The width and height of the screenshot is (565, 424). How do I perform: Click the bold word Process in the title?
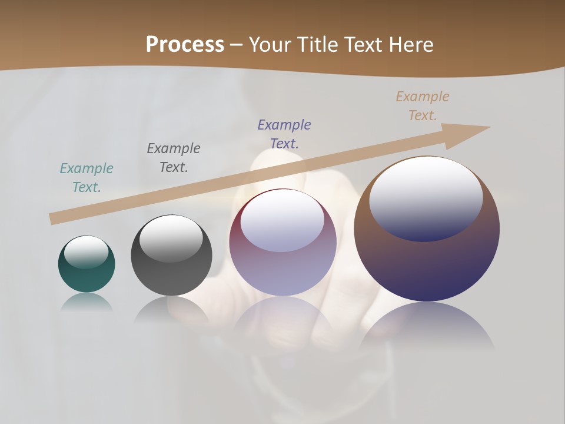pos(185,45)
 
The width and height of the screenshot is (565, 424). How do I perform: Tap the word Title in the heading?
pos(317,45)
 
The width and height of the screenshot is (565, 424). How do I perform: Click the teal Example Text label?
pos(87,178)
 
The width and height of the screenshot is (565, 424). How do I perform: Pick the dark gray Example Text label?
pos(174,158)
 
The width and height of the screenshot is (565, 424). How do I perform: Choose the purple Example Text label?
pos(284,134)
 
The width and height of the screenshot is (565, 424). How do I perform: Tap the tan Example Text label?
pos(423,106)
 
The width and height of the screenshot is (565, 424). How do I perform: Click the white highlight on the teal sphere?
pos(87,252)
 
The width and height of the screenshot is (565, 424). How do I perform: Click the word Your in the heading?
pos(270,45)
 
